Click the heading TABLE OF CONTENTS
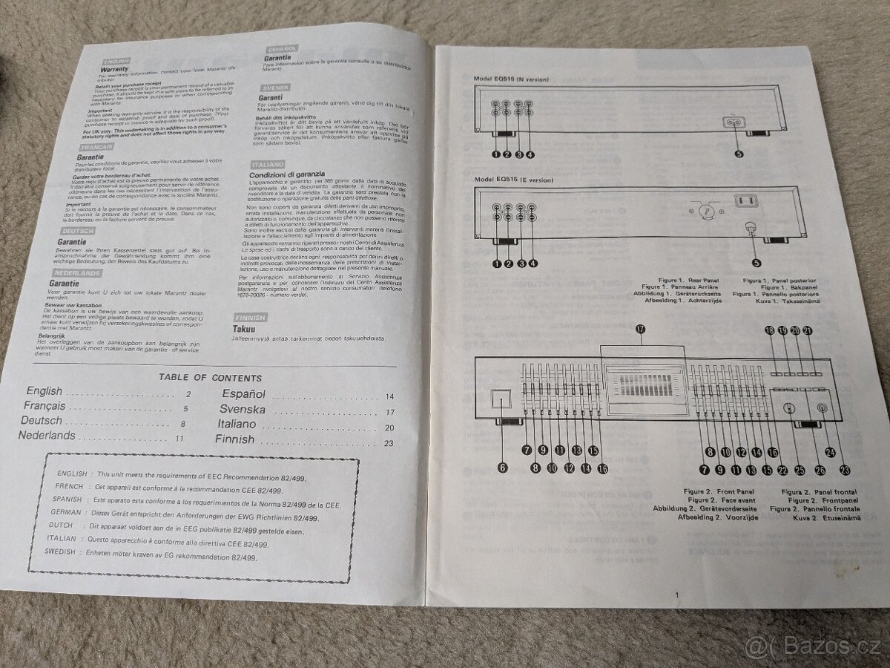point(211,377)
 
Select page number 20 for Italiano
point(389,428)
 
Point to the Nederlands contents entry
point(47,436)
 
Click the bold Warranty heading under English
point(115,70)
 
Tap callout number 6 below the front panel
point(502,468)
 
